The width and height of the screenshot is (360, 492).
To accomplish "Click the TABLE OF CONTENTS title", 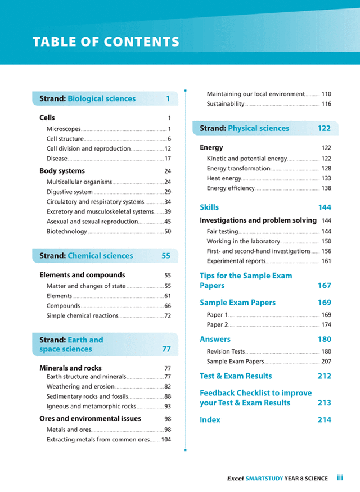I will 106,42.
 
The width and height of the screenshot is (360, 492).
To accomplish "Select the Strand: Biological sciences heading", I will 87,99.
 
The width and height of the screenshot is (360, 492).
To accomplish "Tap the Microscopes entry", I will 64,129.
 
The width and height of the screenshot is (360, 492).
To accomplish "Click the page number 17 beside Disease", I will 168,159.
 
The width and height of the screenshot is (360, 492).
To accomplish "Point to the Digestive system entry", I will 70,192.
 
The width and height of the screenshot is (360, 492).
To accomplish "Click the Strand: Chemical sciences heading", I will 86,256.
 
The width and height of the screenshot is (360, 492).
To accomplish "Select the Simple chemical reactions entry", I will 82,316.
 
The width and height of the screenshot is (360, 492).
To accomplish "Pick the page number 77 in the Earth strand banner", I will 166,350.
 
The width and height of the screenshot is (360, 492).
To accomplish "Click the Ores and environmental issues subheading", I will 90,419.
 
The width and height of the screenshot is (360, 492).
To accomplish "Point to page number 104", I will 166,440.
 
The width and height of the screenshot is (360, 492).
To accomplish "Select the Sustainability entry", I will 226,104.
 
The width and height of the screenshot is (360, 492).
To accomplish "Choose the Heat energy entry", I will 224,178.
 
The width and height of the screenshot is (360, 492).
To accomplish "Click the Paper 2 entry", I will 217,325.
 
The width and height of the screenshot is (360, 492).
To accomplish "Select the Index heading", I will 210,420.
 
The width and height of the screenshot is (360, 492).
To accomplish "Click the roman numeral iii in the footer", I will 340,478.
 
